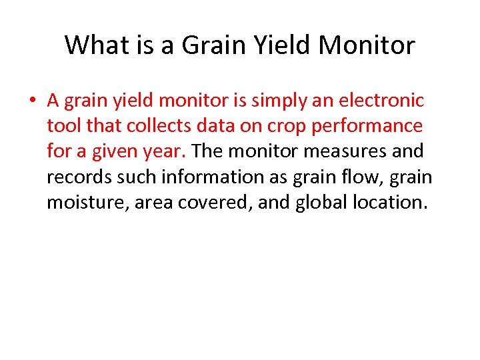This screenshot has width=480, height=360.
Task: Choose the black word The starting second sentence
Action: click(x=207, y=151)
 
